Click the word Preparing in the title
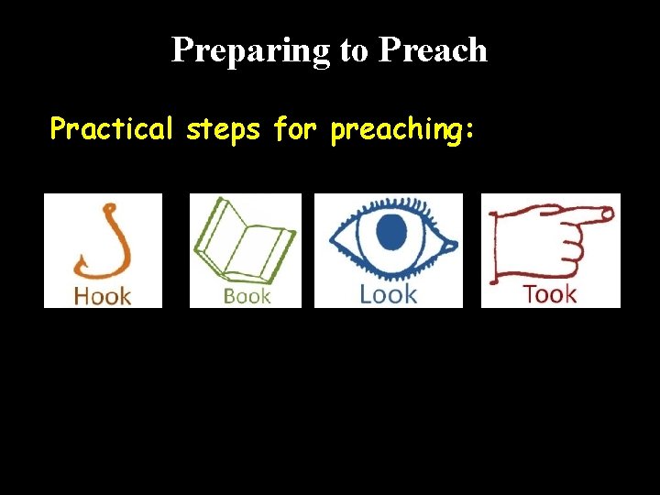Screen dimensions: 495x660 click(x=251, y=50)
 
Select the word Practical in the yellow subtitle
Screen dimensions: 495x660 click(x=111, y=130)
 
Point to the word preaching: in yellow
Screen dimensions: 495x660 click(x=401, y=131)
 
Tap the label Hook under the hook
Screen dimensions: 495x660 click(x=103, y=295)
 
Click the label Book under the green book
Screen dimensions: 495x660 click(x=247, y=295)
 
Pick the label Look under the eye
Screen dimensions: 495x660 click(x=388, y=294)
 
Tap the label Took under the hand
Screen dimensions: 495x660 click(x=549, y=294)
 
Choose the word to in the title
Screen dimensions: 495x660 click(x=353, y=51)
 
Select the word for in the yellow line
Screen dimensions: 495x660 click(x=294, y=130)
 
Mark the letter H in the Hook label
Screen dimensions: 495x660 click(x=82, y=295)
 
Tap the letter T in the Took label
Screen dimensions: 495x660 click(x=529, y=294)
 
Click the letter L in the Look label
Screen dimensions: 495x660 click(x=365, y=294)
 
